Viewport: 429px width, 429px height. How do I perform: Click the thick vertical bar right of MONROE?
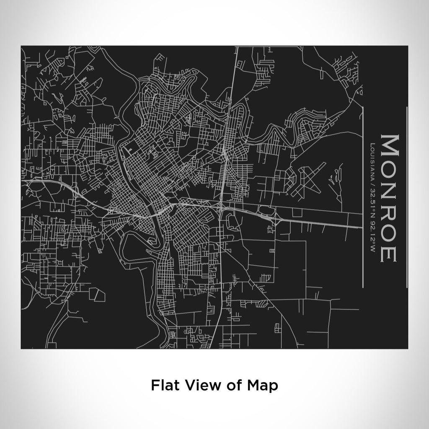pos(406,197)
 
